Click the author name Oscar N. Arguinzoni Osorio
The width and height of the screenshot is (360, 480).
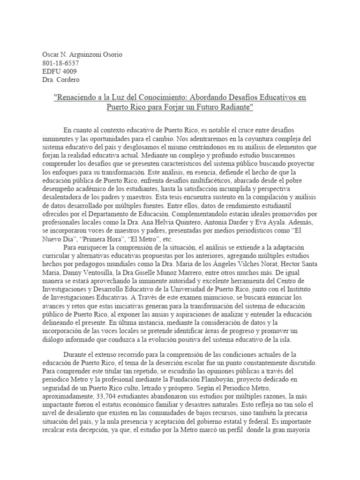click(x=82, y=54)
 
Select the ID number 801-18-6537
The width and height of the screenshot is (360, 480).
click(x=61, y=63)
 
